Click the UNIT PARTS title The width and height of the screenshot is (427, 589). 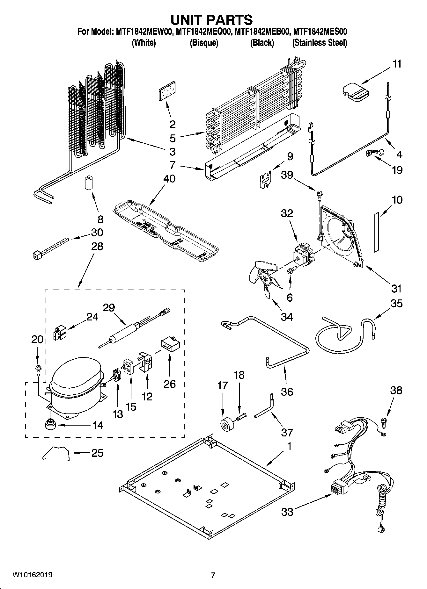click(211, 20)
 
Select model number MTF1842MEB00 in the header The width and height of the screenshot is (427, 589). click(261, 32)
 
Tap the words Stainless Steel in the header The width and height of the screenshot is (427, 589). click(320, 43)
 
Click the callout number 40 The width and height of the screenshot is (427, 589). click(169, 179)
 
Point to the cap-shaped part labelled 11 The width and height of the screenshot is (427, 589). click(355, 92)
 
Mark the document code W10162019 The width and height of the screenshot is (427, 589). click(32, 575)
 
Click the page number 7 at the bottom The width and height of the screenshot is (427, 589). click(213, 575)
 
